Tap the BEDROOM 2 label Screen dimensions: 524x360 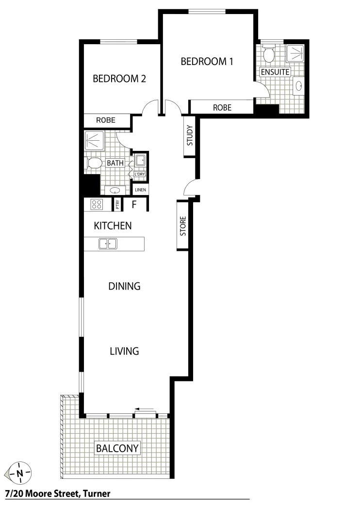tap(119, 79)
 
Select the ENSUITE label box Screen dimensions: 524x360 tap(275, 72)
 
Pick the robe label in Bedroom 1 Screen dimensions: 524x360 tap(222, 107)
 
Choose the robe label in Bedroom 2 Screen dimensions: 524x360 tap(105, 120)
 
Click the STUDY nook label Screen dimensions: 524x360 tap(190, 136)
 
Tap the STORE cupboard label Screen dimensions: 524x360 tap(183, 226)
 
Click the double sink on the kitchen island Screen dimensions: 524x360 tap(108, 244)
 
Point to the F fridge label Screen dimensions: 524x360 tap(134, 204)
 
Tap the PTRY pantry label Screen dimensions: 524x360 tap(117, 205)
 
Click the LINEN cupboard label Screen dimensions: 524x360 tap(140, 190)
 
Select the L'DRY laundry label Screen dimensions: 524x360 tap(140, 174)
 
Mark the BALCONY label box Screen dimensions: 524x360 tap(117, 448)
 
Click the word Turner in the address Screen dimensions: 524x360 tap(97, 494)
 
